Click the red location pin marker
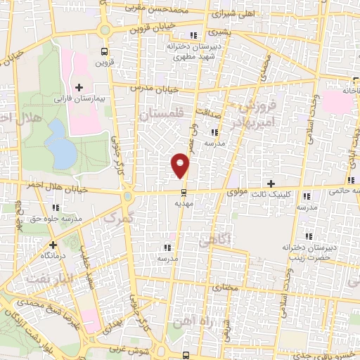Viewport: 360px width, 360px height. tap(181, 164)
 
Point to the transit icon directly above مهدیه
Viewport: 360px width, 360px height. tap(184, 191)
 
